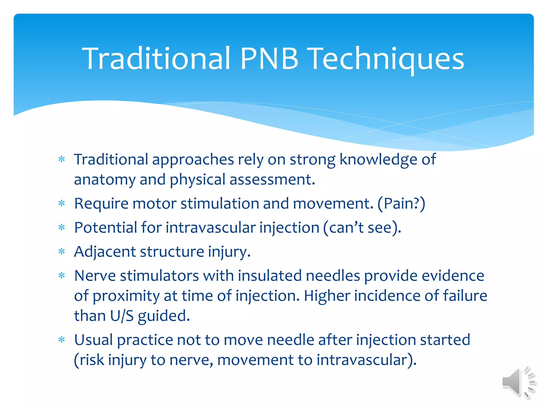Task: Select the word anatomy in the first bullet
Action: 105,180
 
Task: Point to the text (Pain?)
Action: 401,204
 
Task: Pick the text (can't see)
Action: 362,228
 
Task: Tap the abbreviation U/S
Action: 122,316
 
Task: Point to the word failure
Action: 465,296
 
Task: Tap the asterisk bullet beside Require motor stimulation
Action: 62,204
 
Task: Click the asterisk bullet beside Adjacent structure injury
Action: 62,252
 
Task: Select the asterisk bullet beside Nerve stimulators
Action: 62,276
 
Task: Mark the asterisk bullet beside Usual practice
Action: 62,340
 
